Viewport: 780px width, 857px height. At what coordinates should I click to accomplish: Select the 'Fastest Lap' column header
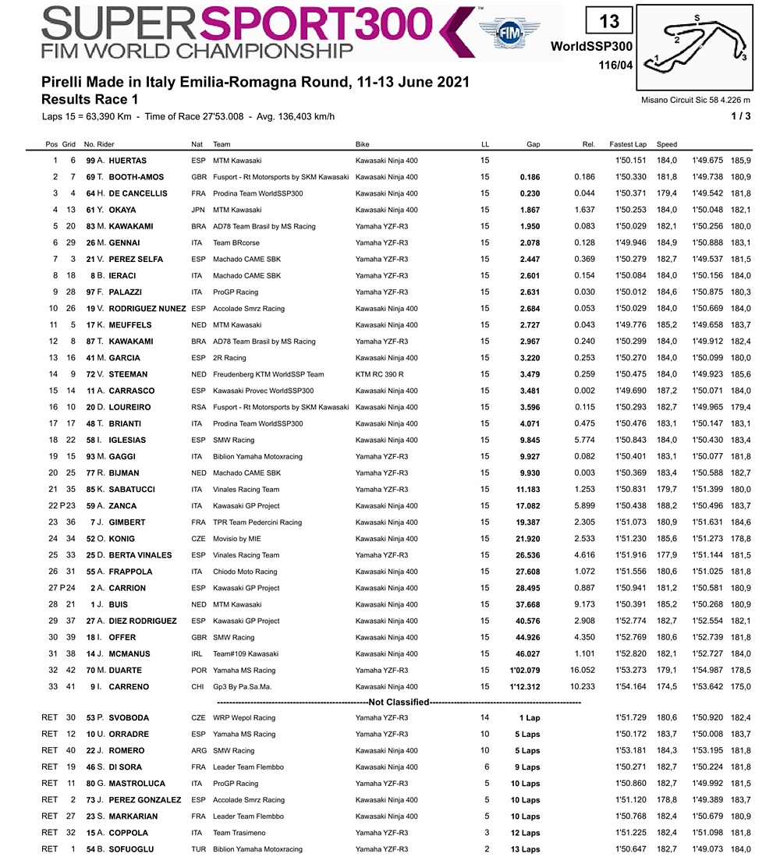pos(629,144)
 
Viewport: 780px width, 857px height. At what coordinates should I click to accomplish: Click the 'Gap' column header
pos(534,144)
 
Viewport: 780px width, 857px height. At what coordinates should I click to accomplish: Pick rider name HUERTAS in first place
pos(128,161)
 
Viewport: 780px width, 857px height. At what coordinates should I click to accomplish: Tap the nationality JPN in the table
pos(198,210)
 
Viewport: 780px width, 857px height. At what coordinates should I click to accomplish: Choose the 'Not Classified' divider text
pos(399,702)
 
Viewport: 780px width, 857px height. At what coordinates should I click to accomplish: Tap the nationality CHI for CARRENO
pos(198,686)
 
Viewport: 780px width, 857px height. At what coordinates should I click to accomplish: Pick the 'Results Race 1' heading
pos(90,100)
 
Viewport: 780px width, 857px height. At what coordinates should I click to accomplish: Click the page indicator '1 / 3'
pos(741,117)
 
